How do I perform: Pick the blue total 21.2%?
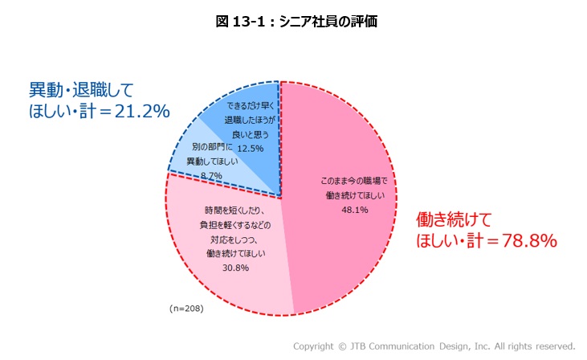click(141, 112)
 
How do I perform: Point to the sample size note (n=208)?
click(187, 308)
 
